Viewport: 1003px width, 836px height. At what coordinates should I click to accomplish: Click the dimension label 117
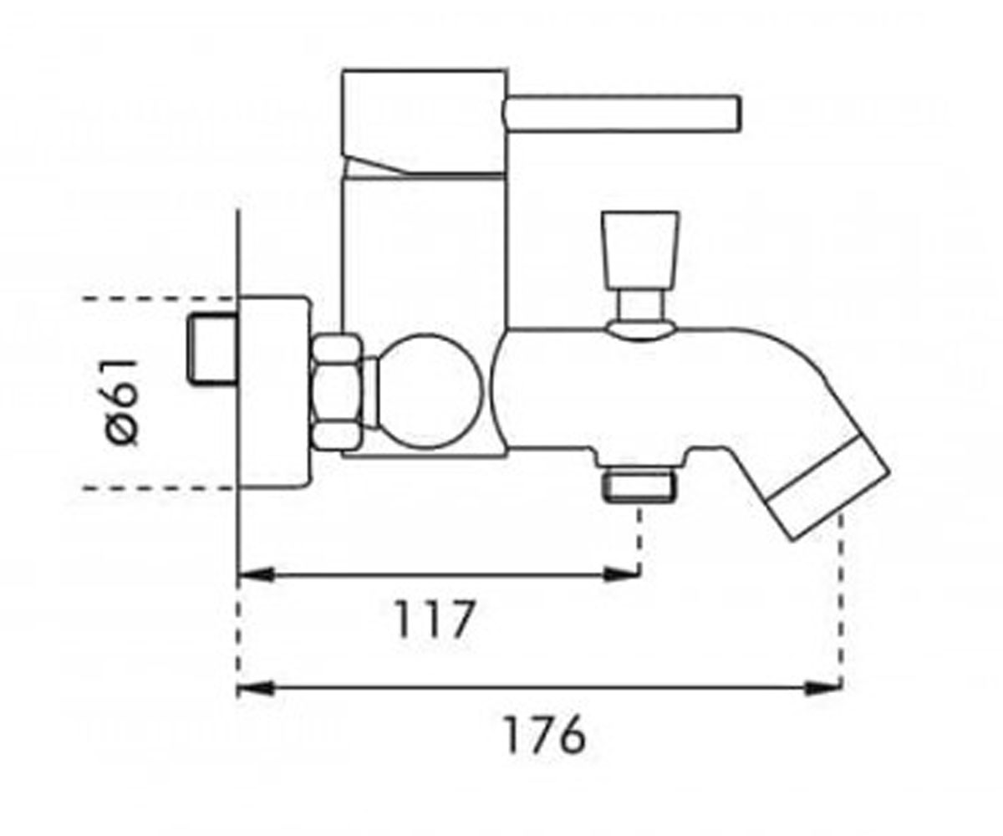tap(435, 619)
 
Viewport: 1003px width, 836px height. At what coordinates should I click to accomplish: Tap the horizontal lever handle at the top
tap(623, 114)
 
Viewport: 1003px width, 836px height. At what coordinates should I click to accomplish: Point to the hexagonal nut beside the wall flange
tap(336, 393)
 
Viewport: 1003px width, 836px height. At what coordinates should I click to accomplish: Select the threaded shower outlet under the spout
tap(639, 487)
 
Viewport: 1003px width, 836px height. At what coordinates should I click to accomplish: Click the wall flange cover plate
tap(273, 393)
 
